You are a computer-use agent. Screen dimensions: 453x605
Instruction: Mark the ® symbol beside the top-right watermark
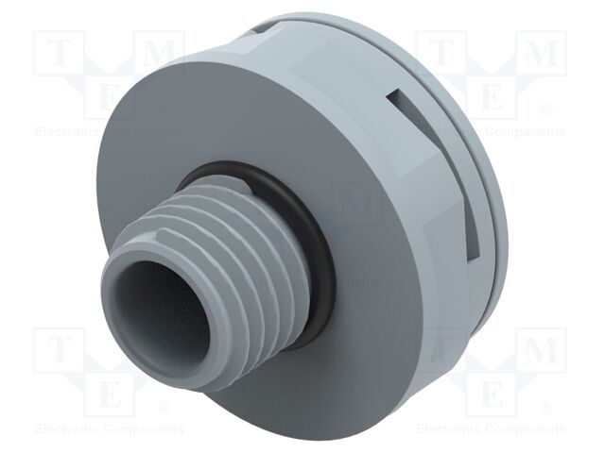click(x=546, y=111)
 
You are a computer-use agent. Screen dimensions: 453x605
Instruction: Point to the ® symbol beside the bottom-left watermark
click(x=164, y=407)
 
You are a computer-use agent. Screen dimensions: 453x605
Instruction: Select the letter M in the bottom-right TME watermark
click(x=540, y=350)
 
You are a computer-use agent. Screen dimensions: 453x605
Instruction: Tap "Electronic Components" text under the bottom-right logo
click(x=491, y=428)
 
